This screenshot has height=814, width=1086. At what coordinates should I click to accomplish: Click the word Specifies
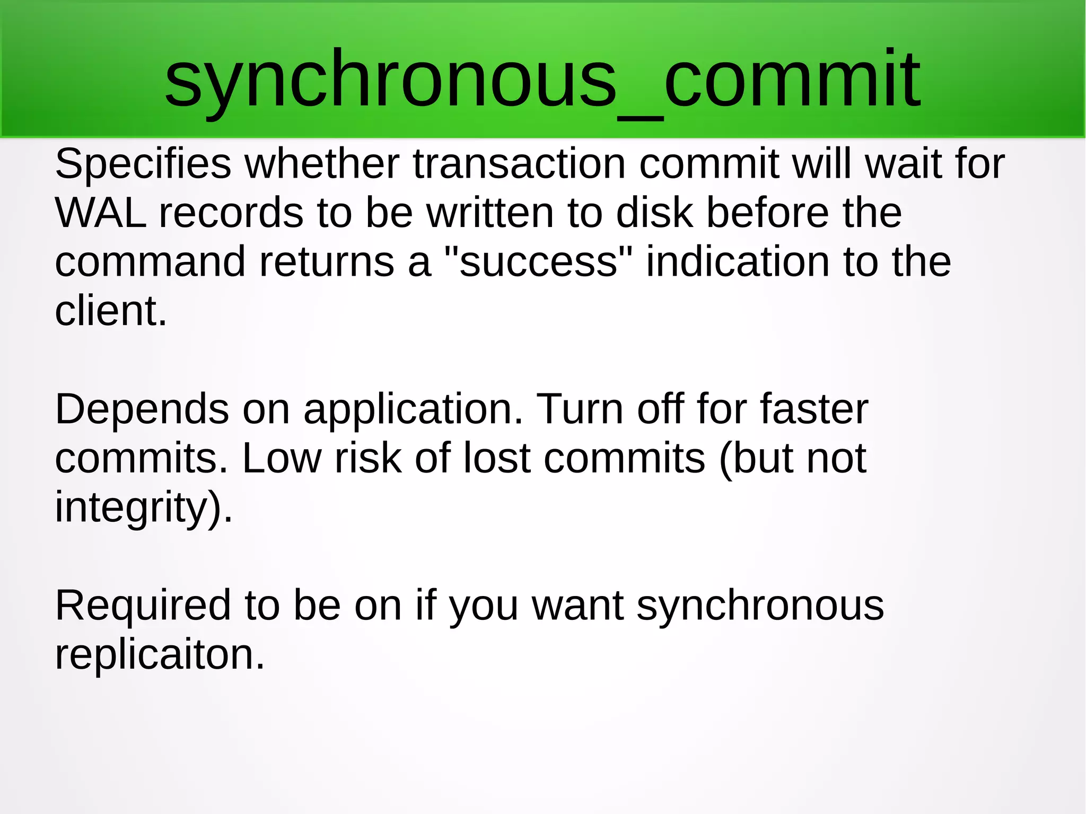coord(143,164)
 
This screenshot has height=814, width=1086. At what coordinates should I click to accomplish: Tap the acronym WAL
coord(101,213)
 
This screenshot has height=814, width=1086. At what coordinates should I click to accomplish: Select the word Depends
coord(142,409)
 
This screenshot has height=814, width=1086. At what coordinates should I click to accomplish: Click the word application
coord(413,409)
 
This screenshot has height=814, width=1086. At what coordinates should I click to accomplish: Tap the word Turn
coord(580,409)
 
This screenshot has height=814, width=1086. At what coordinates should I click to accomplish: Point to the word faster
coord(814,409)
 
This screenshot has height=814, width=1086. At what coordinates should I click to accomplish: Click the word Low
coord(282,459)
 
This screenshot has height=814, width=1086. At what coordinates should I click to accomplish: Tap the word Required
coord(143,606)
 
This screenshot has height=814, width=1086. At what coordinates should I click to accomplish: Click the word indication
coord(738,262)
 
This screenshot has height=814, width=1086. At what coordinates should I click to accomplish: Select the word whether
coord(322,164)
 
